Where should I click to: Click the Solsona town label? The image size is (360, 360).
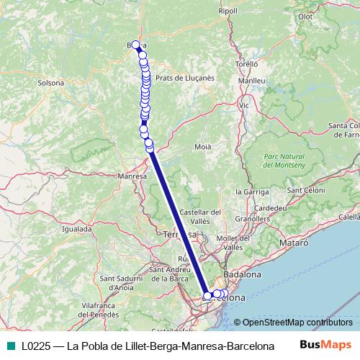click(x=51, y=83)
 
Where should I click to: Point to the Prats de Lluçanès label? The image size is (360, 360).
click(x=185, y=77)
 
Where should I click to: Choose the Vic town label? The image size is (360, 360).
click(x=243, y=105)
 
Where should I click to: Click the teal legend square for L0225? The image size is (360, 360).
click(x=9, y=345)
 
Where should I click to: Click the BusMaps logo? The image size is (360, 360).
click(x=325, y=344)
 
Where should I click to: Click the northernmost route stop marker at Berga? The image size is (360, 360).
click(x=135, y=45)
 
